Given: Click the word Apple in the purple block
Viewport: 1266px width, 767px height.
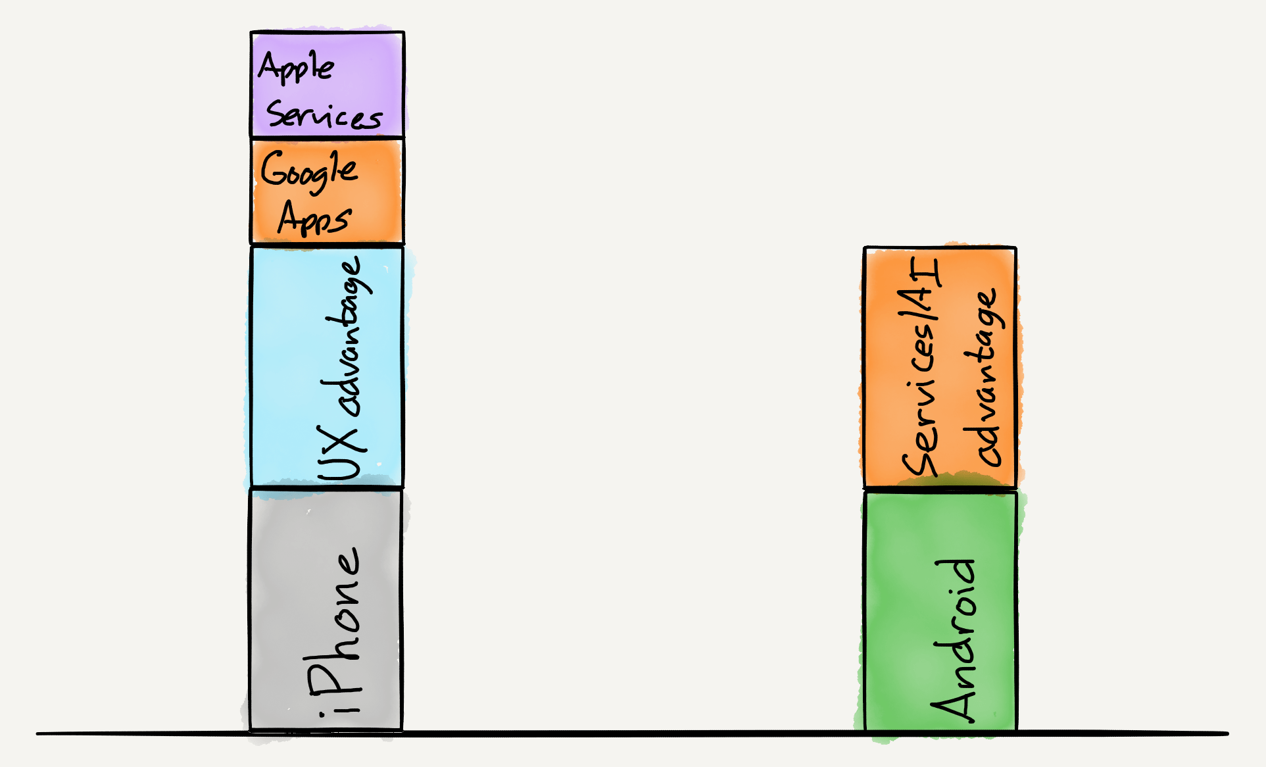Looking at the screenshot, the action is tap(296, 68).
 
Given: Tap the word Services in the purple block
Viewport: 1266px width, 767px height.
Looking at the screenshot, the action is tap(324, 116).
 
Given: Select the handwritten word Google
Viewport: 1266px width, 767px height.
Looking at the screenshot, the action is tap(308, 170).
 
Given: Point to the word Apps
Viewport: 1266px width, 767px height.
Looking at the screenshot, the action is tap(314, 218).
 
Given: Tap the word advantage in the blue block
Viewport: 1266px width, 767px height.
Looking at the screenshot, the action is tap(349, 335).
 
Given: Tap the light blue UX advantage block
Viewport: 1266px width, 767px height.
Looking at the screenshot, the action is tap(289, 368).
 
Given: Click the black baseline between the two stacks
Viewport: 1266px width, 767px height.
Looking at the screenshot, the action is tap(631, 733).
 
